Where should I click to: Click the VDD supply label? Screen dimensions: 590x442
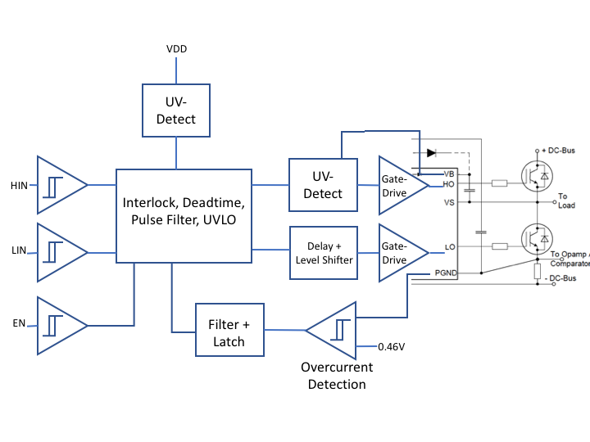[x=176, y=49]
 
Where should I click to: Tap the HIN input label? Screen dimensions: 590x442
[x=19, y=186]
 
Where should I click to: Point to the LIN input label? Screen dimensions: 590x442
[x=19, y=250]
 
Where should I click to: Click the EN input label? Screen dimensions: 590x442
[x=19, y=323]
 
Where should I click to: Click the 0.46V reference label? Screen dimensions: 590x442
[x=392, y=347]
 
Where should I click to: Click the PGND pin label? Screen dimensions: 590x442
[x=446, y=273]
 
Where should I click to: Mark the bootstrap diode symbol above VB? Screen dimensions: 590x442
[x=432, y=153]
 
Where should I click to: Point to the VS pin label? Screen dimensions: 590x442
[x=449, y=203]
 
